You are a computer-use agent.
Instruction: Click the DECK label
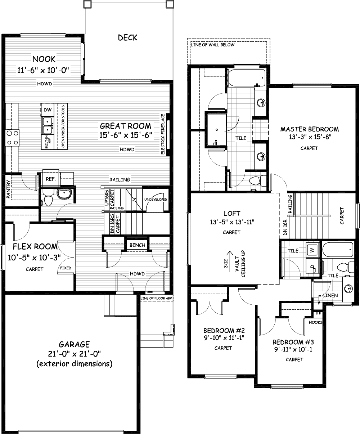tap(127, 37)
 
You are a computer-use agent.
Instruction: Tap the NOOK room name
tap(44, 59)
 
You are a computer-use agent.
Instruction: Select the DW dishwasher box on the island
tap(48, 109)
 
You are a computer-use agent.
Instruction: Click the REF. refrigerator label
tap(51, 179)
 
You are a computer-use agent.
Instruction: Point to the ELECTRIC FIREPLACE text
tap(163, 134)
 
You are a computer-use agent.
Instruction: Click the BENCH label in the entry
tap(137, 245)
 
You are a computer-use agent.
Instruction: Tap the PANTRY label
tap(8, 189)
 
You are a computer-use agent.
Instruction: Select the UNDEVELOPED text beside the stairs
tap(156, 199)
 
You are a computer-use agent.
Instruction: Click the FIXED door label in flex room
tap(66, 268)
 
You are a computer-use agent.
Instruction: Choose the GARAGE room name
tap(74, 344)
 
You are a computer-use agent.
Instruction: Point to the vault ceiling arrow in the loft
tap(230, 261)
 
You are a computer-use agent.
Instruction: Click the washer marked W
tap(312, 250)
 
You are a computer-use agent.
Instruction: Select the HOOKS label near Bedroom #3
tap(316, 322)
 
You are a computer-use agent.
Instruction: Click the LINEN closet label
tap(330, 295)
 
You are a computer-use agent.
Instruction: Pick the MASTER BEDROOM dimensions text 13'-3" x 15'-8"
tap(310, 137)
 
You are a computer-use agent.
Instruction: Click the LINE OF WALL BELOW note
tap(213, 45)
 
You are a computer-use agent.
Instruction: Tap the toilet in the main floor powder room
tap(48, 198)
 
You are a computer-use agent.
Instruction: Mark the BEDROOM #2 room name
tap(224, 331)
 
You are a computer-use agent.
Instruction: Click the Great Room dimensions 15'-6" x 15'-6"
tap(126, 135)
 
